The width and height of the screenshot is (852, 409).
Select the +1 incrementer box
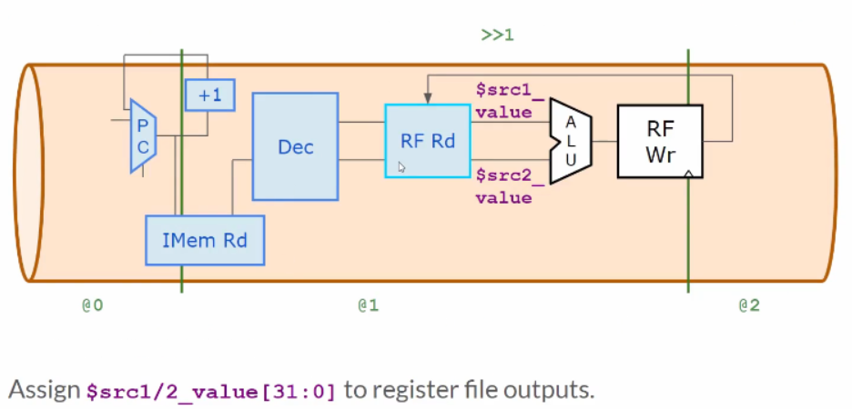point(210,95)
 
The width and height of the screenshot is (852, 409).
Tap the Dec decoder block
point(295,146)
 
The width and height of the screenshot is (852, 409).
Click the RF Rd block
point(428,141)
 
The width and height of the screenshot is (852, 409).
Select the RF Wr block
point(660,141)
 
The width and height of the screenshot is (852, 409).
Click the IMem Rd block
point(205,241)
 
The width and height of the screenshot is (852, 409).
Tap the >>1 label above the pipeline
point(498,35)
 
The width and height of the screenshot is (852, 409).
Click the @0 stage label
point(92,305)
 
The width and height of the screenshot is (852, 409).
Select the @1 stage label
point(368,305)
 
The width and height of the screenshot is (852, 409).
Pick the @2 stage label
point(748,305)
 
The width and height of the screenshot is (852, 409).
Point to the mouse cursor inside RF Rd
point(401,167)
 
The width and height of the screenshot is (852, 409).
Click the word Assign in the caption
point(44,391)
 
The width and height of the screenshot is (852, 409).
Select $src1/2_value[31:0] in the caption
point(211,392)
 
